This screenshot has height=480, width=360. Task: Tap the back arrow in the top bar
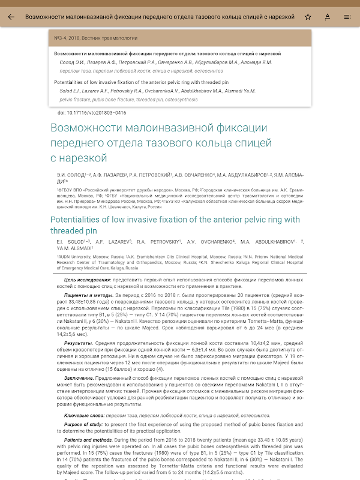click(11, 17)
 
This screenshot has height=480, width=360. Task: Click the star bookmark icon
click(308, 17)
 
